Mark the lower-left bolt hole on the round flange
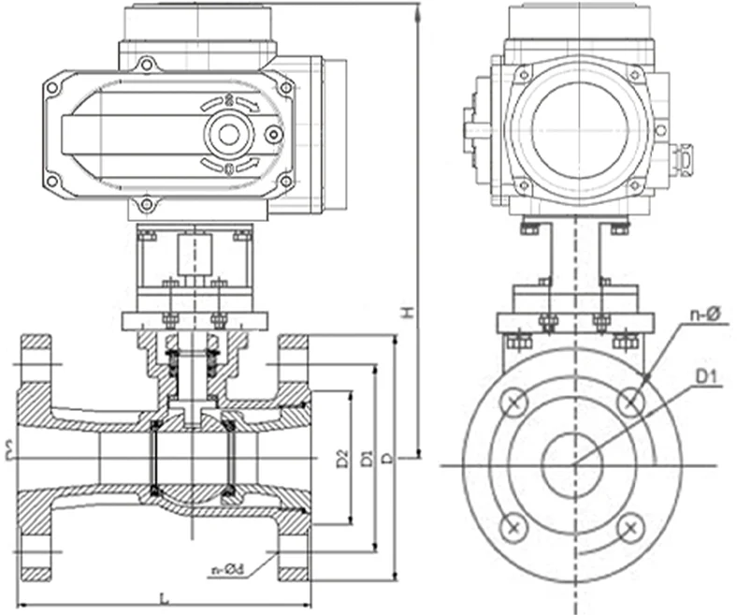pyautogui.click(x=513, y=527)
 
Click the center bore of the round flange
pyautogui.click(x=573, y=464)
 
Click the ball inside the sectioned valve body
pyautogui.click(x=192, y=459)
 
